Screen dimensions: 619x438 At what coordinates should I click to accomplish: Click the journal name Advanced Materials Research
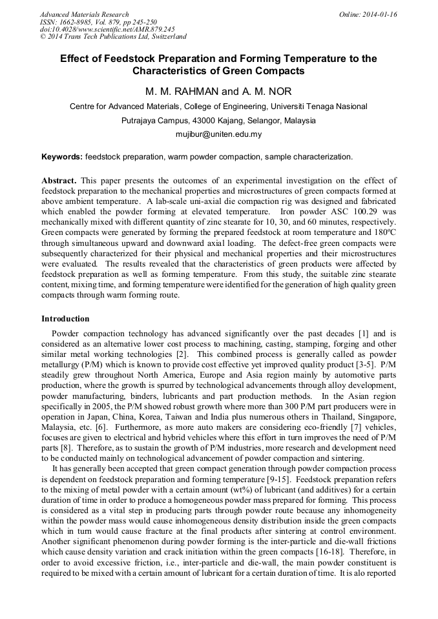point(84,14)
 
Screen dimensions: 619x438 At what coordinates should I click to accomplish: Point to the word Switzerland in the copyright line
point(167,37)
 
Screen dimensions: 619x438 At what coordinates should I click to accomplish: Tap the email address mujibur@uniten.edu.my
point(219,134)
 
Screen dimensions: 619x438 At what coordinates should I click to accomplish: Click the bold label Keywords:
point(62,157)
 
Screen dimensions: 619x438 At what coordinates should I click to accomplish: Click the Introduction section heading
point(65,319)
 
